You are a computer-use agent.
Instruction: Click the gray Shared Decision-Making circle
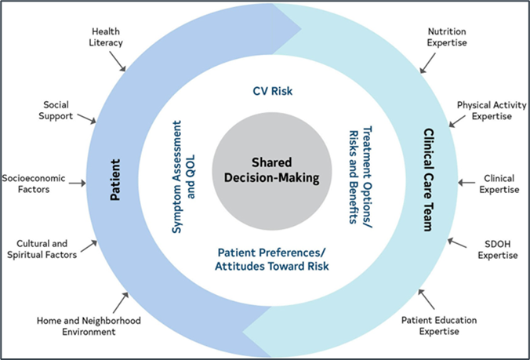(272, 171)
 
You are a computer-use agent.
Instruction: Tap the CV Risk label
(272, 91)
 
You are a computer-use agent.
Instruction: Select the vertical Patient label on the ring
(115, 180)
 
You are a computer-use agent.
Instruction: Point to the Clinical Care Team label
(428, 180)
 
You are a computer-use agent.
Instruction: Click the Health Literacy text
(106, 37)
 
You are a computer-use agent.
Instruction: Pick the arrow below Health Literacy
(118, 61)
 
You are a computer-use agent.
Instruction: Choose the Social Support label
(56, 111)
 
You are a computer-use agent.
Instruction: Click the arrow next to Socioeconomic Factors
(78, 184)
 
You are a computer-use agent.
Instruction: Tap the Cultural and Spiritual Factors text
(42, 249)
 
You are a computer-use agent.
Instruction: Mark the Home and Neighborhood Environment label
(89, 325)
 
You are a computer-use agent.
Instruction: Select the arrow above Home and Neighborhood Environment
(121, 303)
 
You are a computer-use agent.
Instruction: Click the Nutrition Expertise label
(447, 37)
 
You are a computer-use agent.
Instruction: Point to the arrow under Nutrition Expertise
(427, 63)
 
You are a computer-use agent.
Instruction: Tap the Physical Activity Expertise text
(492, 111)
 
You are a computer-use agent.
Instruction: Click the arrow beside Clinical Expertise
(466, 183)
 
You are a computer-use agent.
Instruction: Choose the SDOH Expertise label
(498, 249)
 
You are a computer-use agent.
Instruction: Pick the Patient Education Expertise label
(439, 325)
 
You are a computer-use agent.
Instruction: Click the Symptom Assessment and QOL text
(183, 176)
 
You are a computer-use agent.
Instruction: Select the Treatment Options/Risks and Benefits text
(361, 176)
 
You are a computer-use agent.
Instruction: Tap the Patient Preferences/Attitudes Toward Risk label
(272, 260)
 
